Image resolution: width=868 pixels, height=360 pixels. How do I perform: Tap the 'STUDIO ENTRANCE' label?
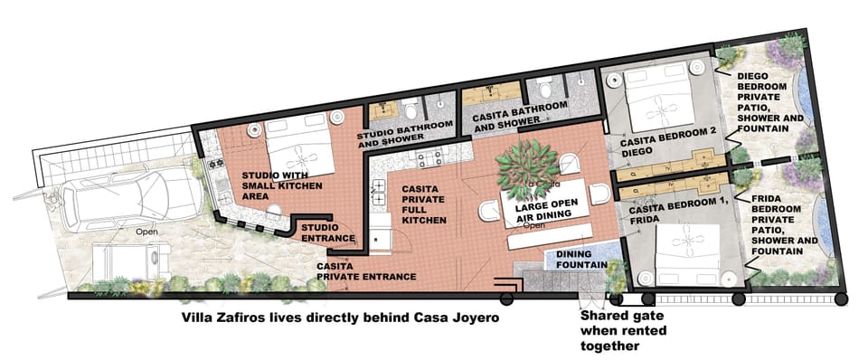click(327, 232)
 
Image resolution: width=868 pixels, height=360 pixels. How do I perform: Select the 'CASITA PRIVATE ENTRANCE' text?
click(366, 271)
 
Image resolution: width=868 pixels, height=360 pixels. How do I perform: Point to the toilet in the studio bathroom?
click(410, 108)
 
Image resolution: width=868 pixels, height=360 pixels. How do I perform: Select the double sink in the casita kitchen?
click(379, 192)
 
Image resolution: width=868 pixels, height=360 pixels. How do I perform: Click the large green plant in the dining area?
click(527, 169)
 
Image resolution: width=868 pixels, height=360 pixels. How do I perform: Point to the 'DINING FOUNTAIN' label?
click(581, 260)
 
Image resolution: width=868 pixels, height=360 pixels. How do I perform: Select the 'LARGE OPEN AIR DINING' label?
click(546, 213)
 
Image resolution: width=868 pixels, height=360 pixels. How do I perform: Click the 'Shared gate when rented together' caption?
click(623, 331)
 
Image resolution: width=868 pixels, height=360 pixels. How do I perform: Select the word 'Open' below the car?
click(146, 232)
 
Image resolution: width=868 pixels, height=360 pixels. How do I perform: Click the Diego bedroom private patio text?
click(762, 102)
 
